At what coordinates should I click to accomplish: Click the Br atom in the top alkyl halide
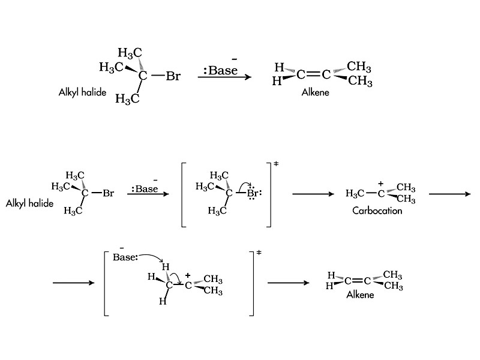pyautogui.click(x=173, y=76)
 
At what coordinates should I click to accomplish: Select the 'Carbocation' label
pyautogui.click(x=377, y=211)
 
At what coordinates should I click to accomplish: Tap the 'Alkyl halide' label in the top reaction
pyautogui.click(x=82, y=92)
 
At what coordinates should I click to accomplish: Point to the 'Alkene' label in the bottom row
pyautogui.click(x=360, y=295)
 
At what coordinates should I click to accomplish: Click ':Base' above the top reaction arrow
pyautogui.click(x=220, y=71)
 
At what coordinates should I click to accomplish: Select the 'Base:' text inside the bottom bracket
pyautogui.click(x=125, y=257)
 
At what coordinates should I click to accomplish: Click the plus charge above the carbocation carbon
pyautogui.click(x=380, y=184)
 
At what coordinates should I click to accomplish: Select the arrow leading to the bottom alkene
pyautogui.click(x=288, y=283)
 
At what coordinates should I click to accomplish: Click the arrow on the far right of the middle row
pyautogui.click(x=450, y=194)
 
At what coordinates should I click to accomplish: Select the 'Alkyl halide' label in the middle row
pyautogui.click(x=29, y=203)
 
